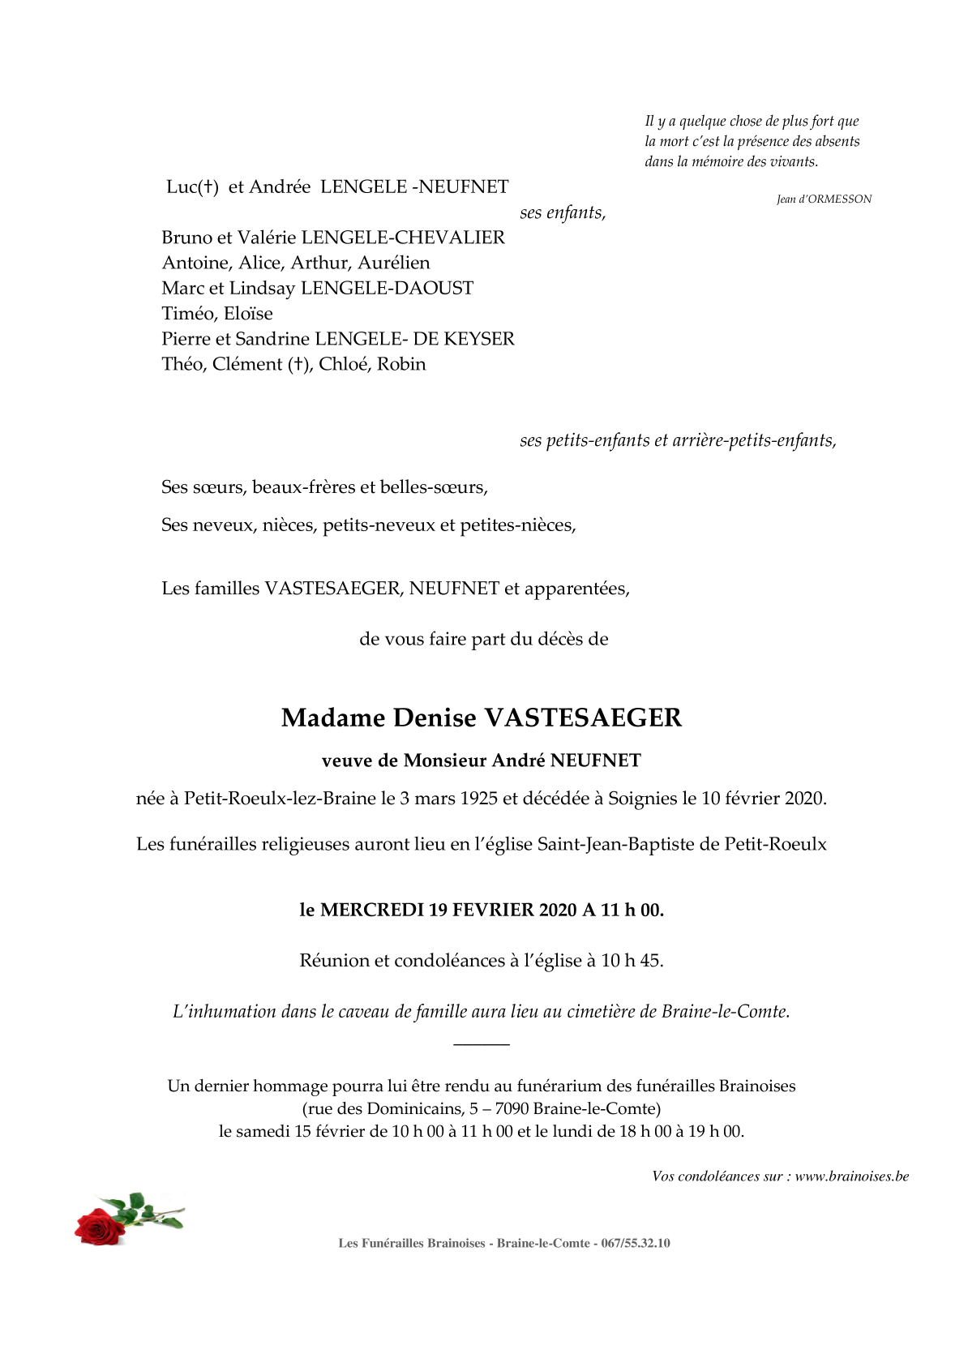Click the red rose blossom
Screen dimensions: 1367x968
tap(101, 1225)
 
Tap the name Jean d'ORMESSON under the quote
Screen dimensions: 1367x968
tap(824, 199)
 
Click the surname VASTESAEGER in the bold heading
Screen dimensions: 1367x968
tap(583, 718)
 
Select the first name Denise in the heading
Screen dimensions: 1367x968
tap(435, 718)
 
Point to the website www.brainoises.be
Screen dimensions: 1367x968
tap(851, 1176)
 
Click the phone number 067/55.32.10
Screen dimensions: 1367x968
tap(636, 1244)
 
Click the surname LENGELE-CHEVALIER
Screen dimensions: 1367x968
tap(403, 238)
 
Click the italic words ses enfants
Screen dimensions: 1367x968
tap(562, 213)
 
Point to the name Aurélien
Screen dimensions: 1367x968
tap(394, 263)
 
